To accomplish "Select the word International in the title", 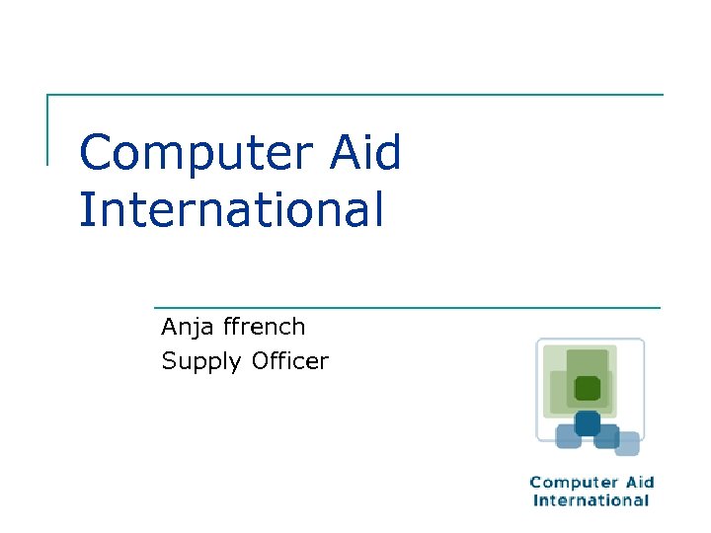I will pyautogui.click(x=231, y=209).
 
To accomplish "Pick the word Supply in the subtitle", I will pyautogui.click(x=201, y=362).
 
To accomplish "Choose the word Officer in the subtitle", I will pyautogui.click(x=289, y=361).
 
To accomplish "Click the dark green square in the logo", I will pyautogui.click(x=588, y=388).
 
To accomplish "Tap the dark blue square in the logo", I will pyautogui.click(x=588, y=422).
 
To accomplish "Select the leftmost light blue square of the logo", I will pyautogui.click(x=568, y=436).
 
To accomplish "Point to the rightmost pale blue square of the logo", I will pyautogui.click(x=627, y=444).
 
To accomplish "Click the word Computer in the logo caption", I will pyautogui.click(x=568, y=483).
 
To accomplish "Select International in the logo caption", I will pyautogui.click(x=592, y=500).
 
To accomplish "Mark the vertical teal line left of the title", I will pyautogui.click(x=47, y=129).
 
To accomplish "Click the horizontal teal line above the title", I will pyautogui.click(x=355, y=95).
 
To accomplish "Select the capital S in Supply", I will pyautogui.click(x=169, y=361).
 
